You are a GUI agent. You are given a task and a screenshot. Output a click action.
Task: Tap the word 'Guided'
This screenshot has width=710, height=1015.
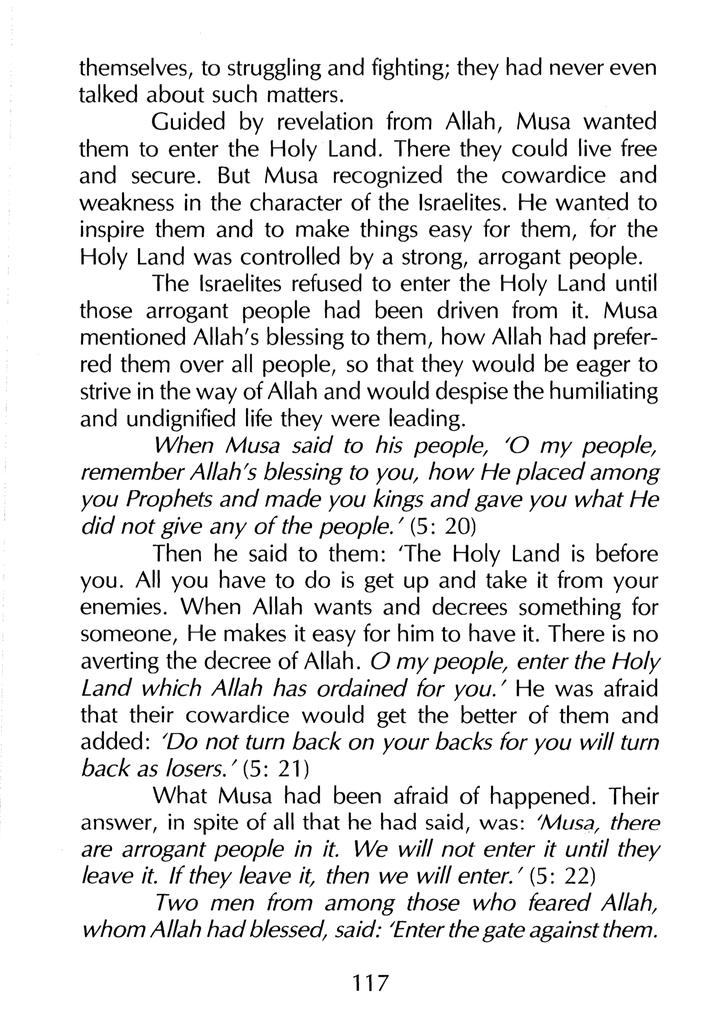coord(188,122)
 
